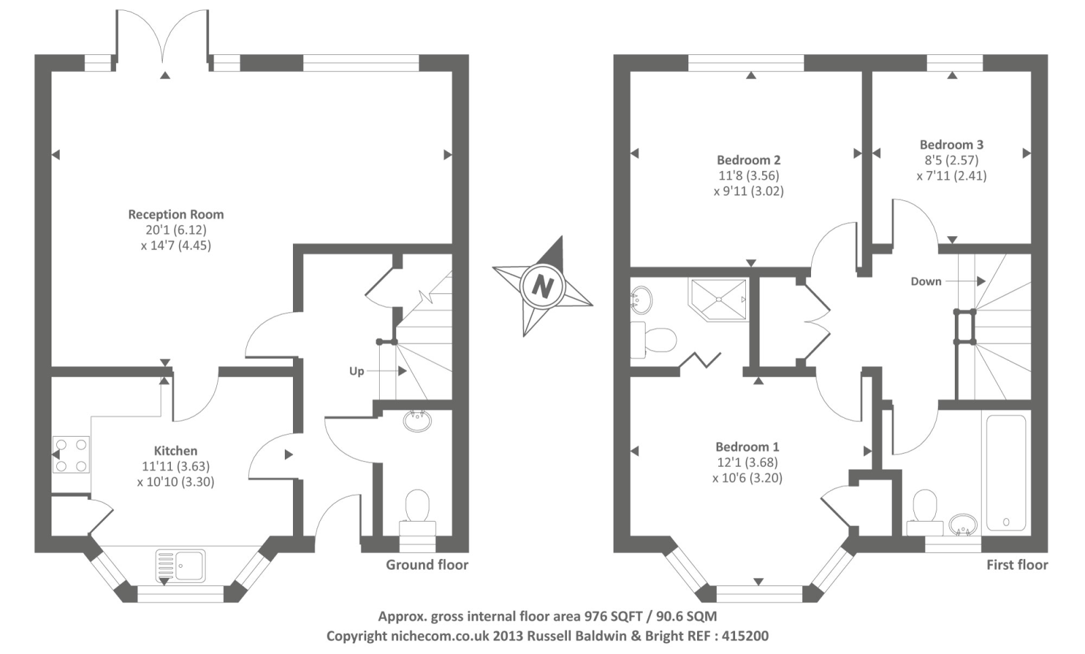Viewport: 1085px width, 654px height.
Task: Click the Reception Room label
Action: pos(176,214)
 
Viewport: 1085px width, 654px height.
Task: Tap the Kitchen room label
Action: pos(176,450)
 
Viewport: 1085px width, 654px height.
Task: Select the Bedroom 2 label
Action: pos(749,160)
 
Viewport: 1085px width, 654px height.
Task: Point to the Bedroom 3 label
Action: pos(951,145)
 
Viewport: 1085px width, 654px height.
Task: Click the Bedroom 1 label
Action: pos(747,447)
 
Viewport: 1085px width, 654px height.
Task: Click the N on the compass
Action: pos(542,286)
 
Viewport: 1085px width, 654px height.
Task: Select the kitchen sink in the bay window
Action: pos(181,564)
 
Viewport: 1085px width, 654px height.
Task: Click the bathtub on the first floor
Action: pos(1006,472)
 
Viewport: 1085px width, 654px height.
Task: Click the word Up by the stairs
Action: pos(357,371)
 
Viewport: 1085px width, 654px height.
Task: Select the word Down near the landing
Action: pos(926,282)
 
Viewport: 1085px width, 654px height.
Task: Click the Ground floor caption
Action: pos(427,564)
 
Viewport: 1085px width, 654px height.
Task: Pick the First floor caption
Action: pos(1017,564)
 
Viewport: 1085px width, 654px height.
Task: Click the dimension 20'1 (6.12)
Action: pos(176,230)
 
